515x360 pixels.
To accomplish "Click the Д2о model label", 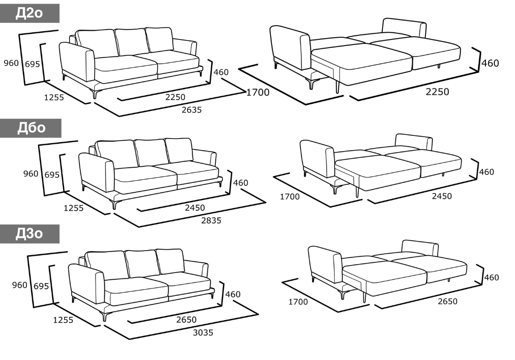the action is tap(29, 13).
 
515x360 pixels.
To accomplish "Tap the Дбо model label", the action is tap(31, 128).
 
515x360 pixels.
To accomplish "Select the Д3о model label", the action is tap(29, 234).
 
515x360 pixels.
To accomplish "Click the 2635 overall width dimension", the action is tap(192, 110).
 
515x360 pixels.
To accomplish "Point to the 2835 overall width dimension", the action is tap(211, 221).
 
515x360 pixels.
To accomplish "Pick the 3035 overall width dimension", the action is tap(203, 333).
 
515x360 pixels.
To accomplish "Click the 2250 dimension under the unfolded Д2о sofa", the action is tap(437, 92).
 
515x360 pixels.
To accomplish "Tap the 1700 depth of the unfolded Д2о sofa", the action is tap(258, 92).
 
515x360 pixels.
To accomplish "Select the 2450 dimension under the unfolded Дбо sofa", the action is tap(442, 196).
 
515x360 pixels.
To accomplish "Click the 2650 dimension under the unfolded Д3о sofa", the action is tap(447, 301).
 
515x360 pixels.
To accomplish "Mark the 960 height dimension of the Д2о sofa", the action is tap(11, 63).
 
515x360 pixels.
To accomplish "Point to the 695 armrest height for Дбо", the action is tap(52, 175).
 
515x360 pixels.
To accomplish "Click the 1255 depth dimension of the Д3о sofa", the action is tap(63, 320).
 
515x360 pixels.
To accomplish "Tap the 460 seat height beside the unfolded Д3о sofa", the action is tap(491, 278).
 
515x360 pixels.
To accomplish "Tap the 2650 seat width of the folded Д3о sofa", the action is tap(186, 320).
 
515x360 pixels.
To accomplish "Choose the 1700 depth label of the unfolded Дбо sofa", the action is tap(290, 197).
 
